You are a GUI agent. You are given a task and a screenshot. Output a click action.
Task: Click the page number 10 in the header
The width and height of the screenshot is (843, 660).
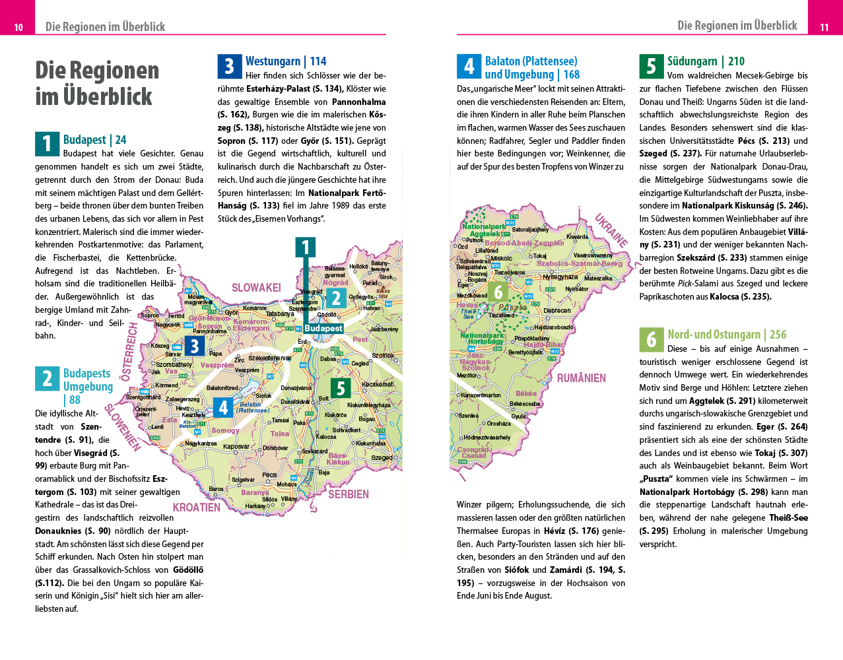click(x=18, y=27)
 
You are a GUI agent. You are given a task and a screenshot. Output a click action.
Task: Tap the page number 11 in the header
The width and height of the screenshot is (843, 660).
click(x=824, y=27)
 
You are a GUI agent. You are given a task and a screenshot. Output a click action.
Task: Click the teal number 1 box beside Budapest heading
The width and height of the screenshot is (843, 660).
click(x=47, y=144)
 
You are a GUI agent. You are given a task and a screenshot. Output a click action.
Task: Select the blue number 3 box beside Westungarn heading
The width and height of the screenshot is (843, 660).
click(x=229, y=66)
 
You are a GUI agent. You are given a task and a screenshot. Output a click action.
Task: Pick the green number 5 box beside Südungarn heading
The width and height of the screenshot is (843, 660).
click(x=651, y=66)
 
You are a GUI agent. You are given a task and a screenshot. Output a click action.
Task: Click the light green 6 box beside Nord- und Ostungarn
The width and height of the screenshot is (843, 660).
click(x=651, y=339)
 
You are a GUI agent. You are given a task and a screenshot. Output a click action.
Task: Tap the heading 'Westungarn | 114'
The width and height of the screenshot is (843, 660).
click(x=286, y=61)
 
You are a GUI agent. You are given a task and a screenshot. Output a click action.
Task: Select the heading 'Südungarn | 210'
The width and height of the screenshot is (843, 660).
click(x=706, y=61)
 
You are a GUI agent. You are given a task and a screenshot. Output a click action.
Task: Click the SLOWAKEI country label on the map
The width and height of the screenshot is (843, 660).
click(x=256, y=288)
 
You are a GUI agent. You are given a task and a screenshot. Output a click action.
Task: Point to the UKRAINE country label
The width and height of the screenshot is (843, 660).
click(x=611, y=230)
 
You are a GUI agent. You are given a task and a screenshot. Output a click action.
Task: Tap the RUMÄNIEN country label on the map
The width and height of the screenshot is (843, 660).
click(x=581, y=378)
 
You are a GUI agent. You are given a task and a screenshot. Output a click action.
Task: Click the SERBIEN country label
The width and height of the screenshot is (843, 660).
click(x=349, y=494)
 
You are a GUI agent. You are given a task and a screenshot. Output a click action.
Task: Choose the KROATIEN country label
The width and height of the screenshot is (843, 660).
click(x=197, y=508)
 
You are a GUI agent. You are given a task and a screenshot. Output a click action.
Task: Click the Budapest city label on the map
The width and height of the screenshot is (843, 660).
click(x=323, y=328)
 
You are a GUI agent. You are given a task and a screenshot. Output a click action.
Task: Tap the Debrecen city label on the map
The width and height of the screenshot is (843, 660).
click(x=557, y=310)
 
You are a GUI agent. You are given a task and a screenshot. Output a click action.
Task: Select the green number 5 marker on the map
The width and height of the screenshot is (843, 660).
click(x=341, y=388)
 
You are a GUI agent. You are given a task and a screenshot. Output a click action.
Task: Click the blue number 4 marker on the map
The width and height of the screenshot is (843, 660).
click(x=223, y=408)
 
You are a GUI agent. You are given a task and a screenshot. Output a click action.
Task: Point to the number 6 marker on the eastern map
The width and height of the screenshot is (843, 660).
click(x=498, y=292)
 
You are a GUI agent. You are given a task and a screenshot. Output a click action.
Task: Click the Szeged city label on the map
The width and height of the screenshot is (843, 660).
click(x=382, y=457)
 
